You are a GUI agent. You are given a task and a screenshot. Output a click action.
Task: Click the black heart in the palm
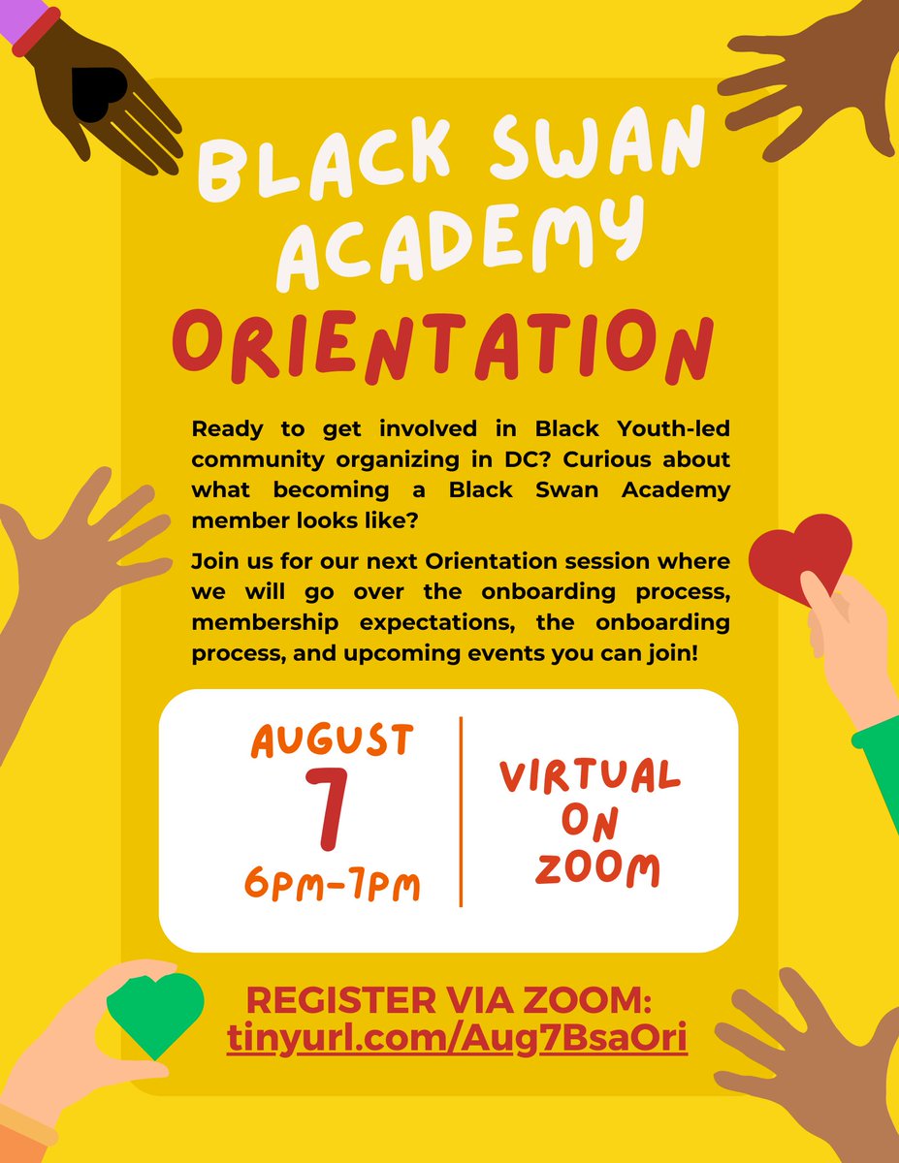(97, 94)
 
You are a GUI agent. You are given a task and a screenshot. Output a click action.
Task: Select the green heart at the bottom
(155, 1012)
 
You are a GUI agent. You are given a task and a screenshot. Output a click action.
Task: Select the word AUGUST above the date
(333, 741)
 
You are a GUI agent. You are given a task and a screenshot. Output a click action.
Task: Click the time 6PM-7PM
(333, 884)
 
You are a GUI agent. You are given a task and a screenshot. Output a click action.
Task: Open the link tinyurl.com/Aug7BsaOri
(458, 1038)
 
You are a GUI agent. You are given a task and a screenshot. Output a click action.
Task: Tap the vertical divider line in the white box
(461, 812)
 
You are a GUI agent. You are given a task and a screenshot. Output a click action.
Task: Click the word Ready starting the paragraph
(225, 427)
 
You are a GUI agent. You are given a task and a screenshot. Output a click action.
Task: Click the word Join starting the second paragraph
(214, 562)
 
